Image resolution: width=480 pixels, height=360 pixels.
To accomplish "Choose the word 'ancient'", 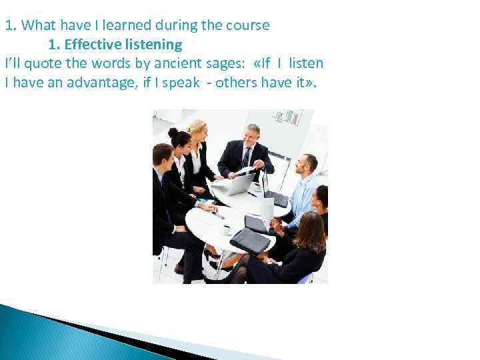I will pyautogui.click(x=173, y=63).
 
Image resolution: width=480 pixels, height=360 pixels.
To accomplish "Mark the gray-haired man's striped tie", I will pyautogui.click(x=246, y=157).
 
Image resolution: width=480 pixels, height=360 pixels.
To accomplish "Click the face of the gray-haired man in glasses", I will pyautogui.click(x=253, y=135).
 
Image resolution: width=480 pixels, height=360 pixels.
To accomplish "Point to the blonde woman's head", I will pyautogui.click(x=197, y=129).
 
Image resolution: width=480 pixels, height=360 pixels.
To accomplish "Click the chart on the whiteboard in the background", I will pyautogui.click(x=289, y=118).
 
